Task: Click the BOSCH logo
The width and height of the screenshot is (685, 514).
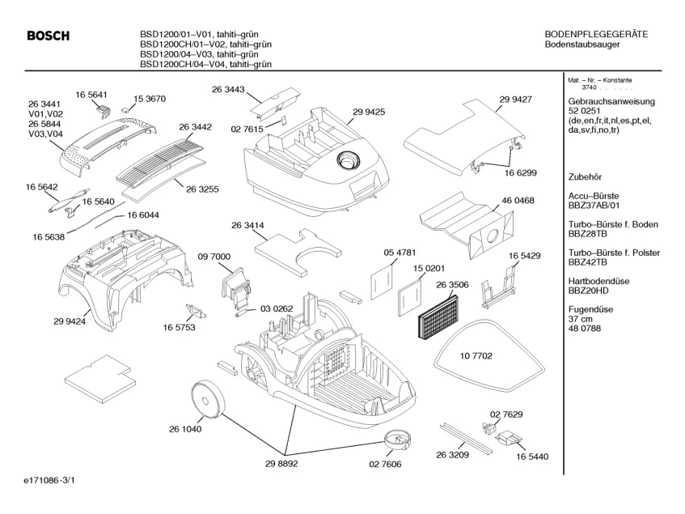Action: pyautogui.click(x=48, y=36)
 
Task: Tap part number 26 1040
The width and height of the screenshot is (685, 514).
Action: pyautogui.click(x=185, y=430)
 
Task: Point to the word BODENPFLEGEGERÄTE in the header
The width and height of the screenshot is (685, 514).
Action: pyautogui.click(x=597, y=34)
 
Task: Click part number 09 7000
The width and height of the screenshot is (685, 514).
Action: pyautogui.click(x=214, y=256)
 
